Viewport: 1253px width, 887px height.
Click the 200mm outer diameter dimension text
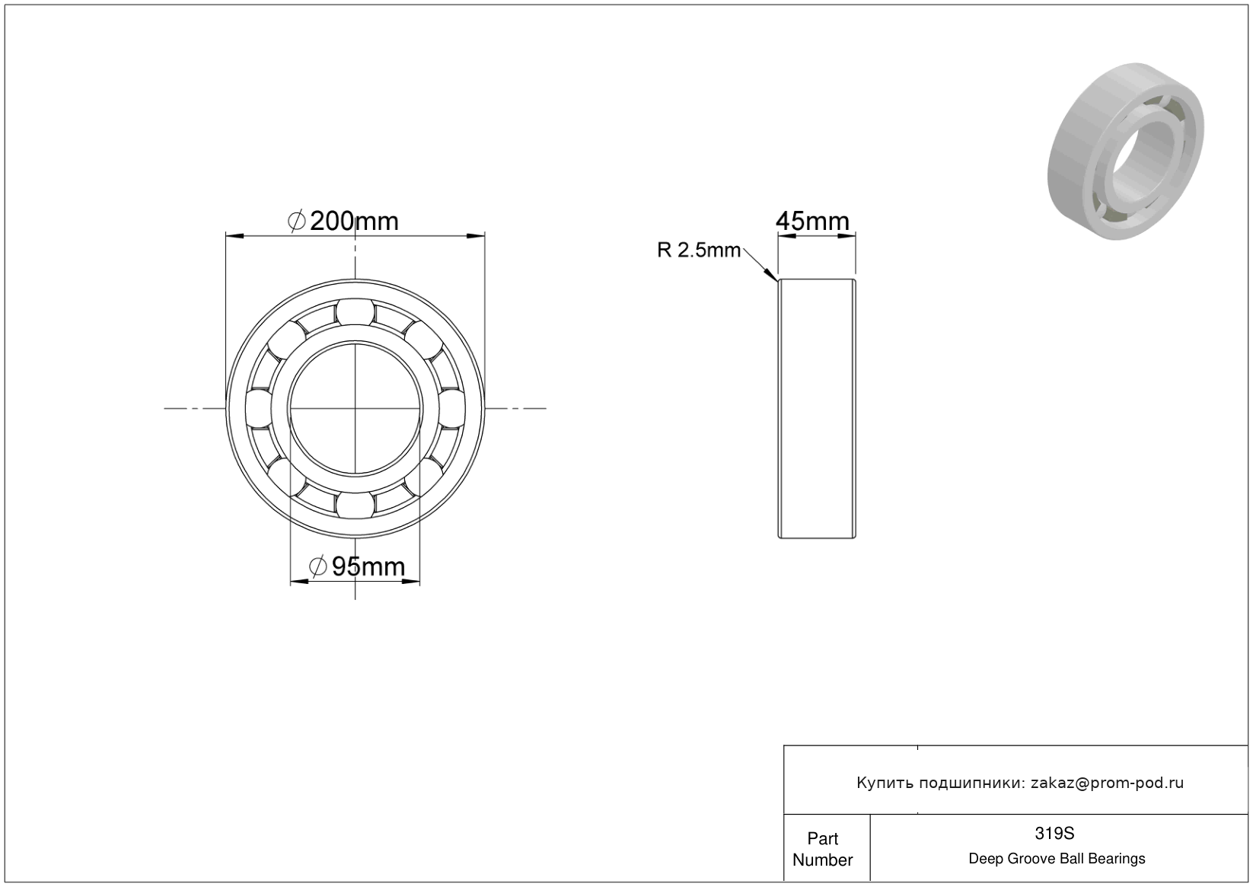tap(353, 222)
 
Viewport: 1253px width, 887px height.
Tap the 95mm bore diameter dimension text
tap(368, 567)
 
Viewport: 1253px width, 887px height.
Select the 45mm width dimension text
tap(812, 222)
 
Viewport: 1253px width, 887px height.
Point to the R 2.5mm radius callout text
tap(699, 250)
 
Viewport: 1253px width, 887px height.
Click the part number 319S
tap(1054, 834)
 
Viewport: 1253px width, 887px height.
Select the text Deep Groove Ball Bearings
tap(1057, 859)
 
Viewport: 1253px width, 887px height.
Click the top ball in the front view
tap(355, 312)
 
